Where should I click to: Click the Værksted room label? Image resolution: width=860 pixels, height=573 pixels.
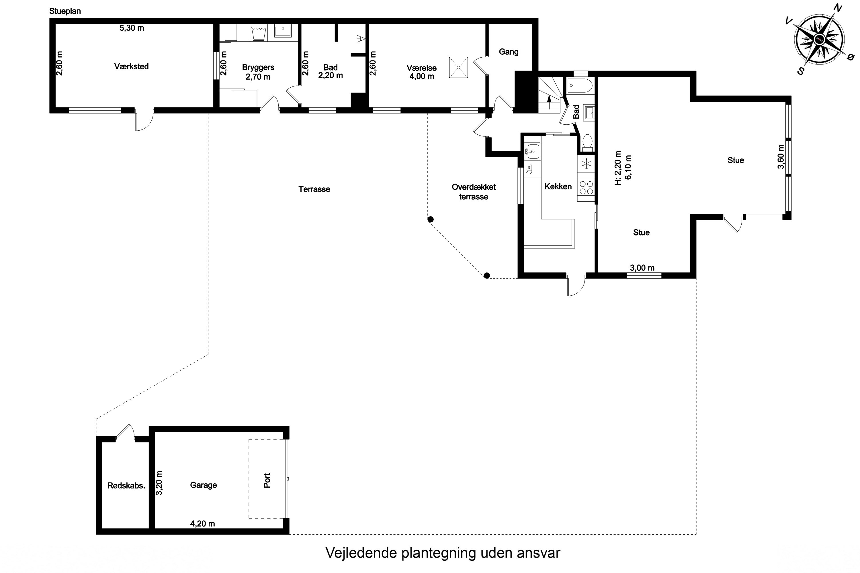[x=131, y=66]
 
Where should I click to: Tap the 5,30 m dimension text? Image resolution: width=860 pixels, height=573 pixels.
[x=132, y=28]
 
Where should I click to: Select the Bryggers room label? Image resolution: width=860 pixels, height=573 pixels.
[x=258, y=68]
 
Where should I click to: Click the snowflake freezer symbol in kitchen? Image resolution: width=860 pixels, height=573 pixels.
[x=586, y=163]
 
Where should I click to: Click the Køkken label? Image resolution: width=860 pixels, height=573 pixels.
[x=558, y=187]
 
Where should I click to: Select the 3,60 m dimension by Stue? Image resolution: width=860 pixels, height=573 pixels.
[x=781, y=157]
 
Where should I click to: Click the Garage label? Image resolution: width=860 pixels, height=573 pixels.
[x=203, y=485]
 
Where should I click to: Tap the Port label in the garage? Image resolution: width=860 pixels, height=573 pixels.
[x=267, y=480]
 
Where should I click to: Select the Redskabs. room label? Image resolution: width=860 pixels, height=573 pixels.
[x=126, y=486]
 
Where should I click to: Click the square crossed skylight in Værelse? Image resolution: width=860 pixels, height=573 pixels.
[x=458, y=67]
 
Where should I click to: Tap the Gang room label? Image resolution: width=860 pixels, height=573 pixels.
[x=509, y=52]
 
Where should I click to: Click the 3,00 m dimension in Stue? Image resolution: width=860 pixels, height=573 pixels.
[x=642, y=268]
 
